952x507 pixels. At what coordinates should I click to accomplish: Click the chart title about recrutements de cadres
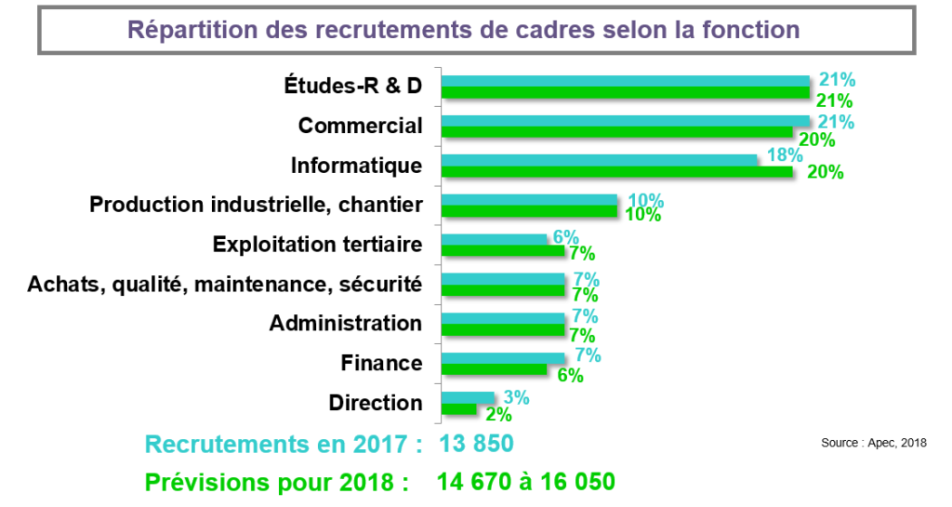tap(463, 29)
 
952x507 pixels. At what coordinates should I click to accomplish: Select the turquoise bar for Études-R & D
tap(625, 81)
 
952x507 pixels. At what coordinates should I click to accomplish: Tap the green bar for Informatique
tap(616, 172)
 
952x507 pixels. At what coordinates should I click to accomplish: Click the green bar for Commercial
tap(616, 132)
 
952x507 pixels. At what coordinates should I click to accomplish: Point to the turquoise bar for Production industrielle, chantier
tap(528, 200)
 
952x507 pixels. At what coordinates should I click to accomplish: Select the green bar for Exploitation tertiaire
tap(502, 251)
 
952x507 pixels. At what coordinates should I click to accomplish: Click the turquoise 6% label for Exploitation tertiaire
tap(565, 237)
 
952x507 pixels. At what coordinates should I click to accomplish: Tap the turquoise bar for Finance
tap(502, 358)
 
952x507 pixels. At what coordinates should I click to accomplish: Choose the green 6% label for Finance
tap(569, 376)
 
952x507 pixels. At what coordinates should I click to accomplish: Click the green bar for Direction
tap(458, 409)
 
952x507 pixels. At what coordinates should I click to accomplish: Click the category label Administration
tap(346, 324)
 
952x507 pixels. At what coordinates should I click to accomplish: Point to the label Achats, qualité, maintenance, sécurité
tap(225, 284)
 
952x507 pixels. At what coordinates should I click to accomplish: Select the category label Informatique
tap(356, 166)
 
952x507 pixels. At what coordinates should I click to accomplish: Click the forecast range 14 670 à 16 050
tap(526, 482)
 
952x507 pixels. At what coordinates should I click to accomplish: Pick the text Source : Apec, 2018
tap(874, 443)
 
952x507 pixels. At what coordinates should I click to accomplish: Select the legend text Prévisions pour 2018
tap(276, 482)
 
